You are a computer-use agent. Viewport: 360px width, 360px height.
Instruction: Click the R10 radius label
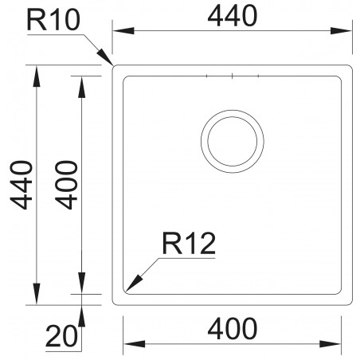tap(53, 20)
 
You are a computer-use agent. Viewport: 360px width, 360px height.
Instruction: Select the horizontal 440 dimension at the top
tap(231, 15)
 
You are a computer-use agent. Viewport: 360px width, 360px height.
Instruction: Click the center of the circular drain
tap(233, 140)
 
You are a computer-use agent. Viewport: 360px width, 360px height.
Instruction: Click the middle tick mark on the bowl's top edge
tap(232, 76)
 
